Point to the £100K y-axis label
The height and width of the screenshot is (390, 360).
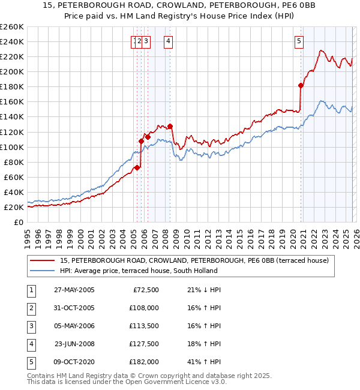point(12,147)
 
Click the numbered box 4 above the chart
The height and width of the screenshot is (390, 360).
point(169,41)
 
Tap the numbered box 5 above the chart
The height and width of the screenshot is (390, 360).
point(299,41)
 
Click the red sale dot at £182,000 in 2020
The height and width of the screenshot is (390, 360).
point(301,85)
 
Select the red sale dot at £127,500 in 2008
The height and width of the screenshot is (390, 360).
point(170,126)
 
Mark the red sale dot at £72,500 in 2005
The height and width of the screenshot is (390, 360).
point(137,167)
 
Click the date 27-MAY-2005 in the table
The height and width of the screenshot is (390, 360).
point(74,290)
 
